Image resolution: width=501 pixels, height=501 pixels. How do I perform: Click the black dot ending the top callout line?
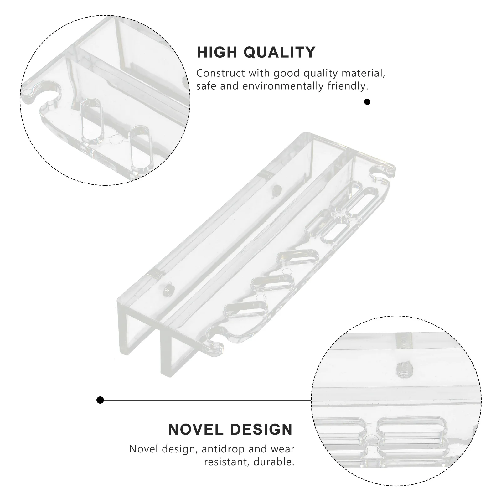[367, 102]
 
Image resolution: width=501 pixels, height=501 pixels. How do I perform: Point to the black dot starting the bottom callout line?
[100, 400]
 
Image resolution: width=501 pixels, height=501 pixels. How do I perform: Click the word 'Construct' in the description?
[220, 73]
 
